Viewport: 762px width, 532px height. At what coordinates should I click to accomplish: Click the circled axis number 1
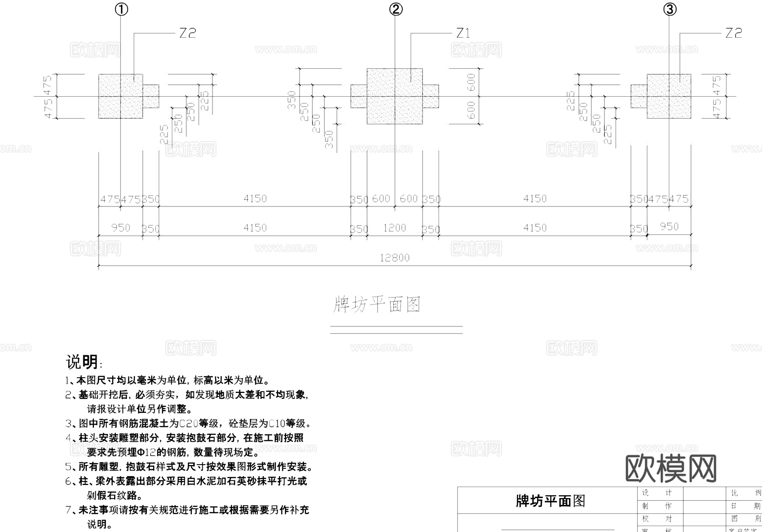pyautogui.click(x=121, y=9)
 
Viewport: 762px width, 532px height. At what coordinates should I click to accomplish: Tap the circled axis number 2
pyautogui.click(x=396, y=9)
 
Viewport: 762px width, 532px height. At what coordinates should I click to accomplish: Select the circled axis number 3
pyautogui.click(x=670, y=9)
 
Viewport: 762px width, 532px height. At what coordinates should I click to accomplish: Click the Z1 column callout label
pyautogui.click(x=463, y=33)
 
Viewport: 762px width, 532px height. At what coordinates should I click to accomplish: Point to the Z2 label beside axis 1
pyautogui.click(x=188, y=33)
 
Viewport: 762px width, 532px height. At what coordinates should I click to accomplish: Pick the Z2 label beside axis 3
pyautogui.click(x=734, y=33)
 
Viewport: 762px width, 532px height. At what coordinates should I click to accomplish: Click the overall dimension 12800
pyautogui.click(x=395, y=258)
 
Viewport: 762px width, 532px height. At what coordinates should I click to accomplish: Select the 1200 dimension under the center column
pyautogui.click(x=395, y=228)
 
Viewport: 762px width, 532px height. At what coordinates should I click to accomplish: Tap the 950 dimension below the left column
pyautogui.click(x=121, y=228)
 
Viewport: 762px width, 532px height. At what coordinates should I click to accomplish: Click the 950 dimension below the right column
pyautogui.click(x=669, y=227)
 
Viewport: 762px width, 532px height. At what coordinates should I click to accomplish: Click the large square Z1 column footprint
pyautogui.click(x=395, y=96)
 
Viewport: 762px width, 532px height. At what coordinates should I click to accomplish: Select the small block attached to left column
pyautogui.click(x=151, y=96)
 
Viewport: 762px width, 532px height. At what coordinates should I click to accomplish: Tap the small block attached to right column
pyautogui.click(x=639, y=96)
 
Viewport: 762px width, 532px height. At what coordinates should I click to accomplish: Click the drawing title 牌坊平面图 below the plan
pyautogui.click(x=377, y=304)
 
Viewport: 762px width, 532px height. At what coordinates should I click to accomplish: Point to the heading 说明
pyautogui.click(x=82, y=362)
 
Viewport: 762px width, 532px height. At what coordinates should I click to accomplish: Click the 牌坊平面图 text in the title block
pyautogui.click(x=550, y=501)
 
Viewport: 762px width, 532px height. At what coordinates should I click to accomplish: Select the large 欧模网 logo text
pyautogui.click(x=671, y=468)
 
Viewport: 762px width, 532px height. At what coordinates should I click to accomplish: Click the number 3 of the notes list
pyautogui.click(x=68, y=423)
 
